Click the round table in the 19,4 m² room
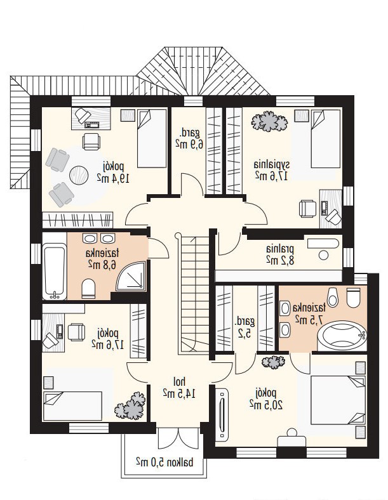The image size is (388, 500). pos(79,175)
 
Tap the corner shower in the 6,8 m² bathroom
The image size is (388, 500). pos(131,276)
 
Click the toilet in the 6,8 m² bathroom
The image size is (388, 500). pos(88,288)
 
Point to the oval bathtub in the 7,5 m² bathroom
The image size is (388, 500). pos(342,336)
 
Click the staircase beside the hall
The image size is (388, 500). pos(192,294)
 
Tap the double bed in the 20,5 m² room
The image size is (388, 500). pos(338,400)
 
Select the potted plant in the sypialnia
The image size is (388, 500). pos(269,121)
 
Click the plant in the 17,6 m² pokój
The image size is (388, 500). pos(130,406)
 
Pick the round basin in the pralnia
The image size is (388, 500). pos(324,255)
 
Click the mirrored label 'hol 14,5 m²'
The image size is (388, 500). pos(179,388)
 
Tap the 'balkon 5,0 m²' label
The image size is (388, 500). pos(164,461)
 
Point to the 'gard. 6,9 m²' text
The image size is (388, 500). pos(189,138)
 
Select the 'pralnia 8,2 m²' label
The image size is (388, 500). pos(280,254)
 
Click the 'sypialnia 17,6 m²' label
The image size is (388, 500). pos(272,171)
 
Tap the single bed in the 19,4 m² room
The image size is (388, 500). pos(152,138)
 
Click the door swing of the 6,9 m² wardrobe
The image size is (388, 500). pos(192,184)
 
